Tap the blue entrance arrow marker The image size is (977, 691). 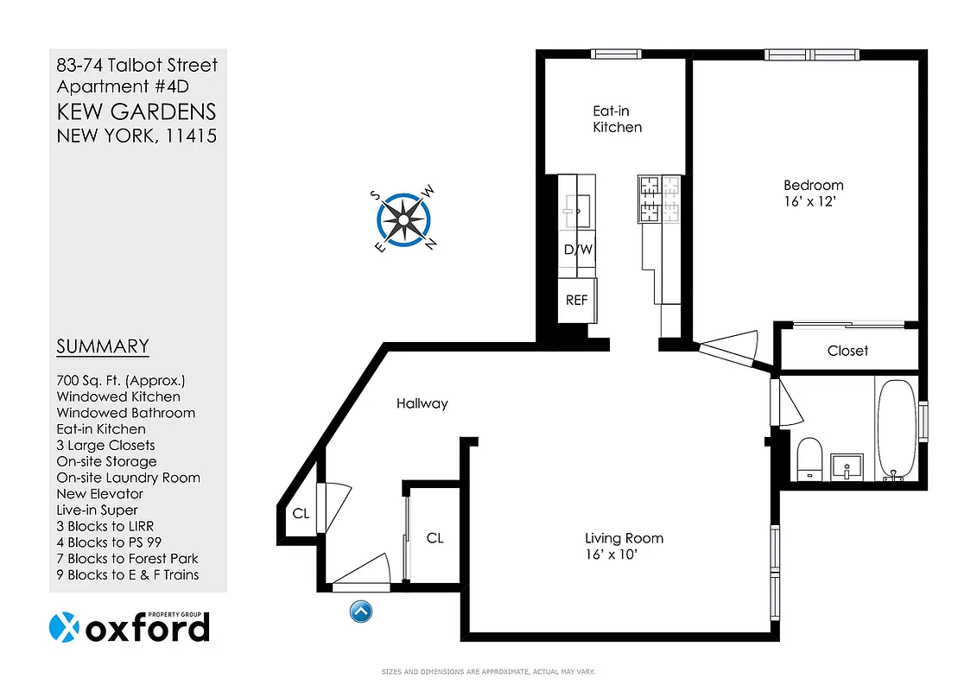coord(361,612)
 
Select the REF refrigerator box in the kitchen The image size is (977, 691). coord(576,300)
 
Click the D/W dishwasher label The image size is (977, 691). coord(577,250)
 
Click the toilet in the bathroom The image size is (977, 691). coord(809,457)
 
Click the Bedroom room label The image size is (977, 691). coord(813,185)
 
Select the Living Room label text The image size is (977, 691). coord(624,538)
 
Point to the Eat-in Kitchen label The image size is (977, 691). coord(617,119)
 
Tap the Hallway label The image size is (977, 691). coord(422,403)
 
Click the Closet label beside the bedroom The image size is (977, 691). coord(847,351)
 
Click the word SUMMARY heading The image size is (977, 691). coord(103,346)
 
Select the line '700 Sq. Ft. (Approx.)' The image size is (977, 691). coord(121,380)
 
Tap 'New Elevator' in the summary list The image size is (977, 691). coord(99,493)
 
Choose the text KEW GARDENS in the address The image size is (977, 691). coord(136,111)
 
